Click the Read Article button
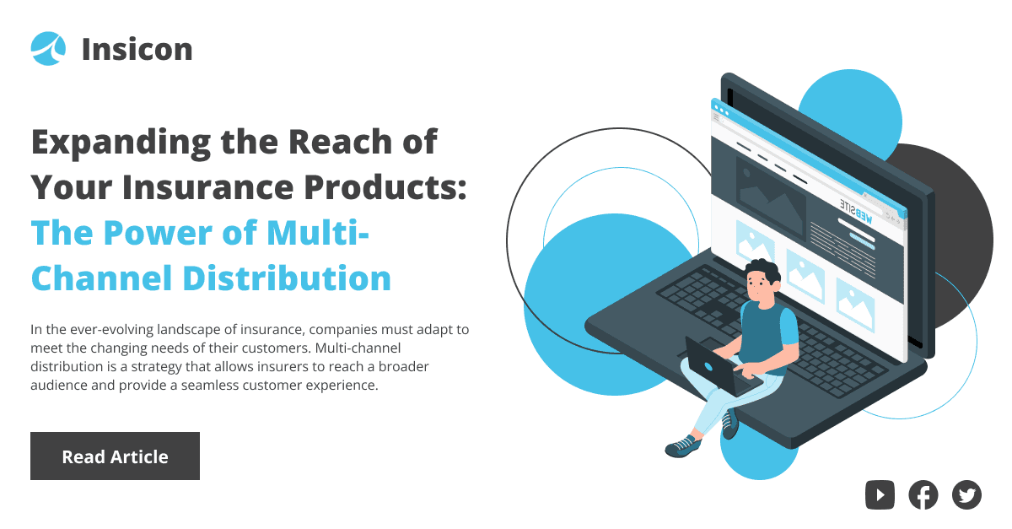[x=115, y=456]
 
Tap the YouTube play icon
[x=880, y=494]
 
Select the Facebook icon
[x=923, y=494]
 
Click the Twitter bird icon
[x=966, y=494]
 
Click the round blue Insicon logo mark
[x=48, y=48]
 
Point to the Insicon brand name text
[x=137, y=49]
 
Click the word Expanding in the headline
[x=121, y=143]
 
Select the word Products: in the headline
[x=385, y=186]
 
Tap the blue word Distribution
[x=287, y=278]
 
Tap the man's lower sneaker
[x=683, y=445]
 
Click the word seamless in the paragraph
[x=210, y=386]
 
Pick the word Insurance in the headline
[x=207, y=187]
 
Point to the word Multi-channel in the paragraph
[x=358, y=348]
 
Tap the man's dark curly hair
[x=764, y=270]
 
